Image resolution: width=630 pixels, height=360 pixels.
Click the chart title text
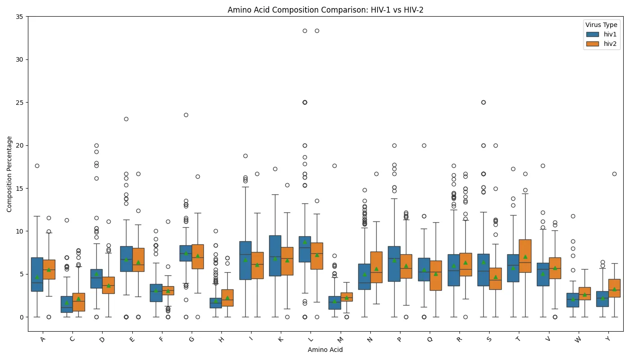(325, 9)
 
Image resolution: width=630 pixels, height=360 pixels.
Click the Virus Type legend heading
(601, 25)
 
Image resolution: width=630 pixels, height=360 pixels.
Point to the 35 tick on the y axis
(20, 17)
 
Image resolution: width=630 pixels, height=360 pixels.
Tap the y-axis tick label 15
(20, 189)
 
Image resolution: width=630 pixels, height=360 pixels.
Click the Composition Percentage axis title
(9, 174)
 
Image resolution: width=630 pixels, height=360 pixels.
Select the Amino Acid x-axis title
(325, 350)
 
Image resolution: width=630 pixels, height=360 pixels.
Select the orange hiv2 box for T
(525, 256)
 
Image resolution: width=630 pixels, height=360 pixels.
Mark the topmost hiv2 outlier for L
(317, 31)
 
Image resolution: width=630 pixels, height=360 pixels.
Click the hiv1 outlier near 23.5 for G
(186, 115)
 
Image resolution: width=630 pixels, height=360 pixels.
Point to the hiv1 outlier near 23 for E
(126, 119)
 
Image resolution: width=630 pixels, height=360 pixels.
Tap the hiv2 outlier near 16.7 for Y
(614, 174)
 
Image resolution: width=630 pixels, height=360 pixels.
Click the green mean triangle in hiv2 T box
(525, 256)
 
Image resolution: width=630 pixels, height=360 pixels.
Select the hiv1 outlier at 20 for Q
(424, 145)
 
